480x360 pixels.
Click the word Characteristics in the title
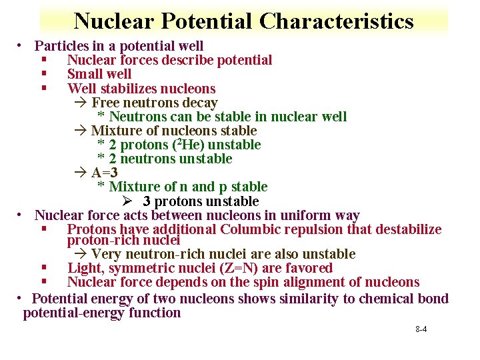pos(337,21)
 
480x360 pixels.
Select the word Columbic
pos(253,229)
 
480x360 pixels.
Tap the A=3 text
pos(105,173)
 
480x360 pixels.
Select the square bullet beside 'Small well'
pos(43,75)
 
